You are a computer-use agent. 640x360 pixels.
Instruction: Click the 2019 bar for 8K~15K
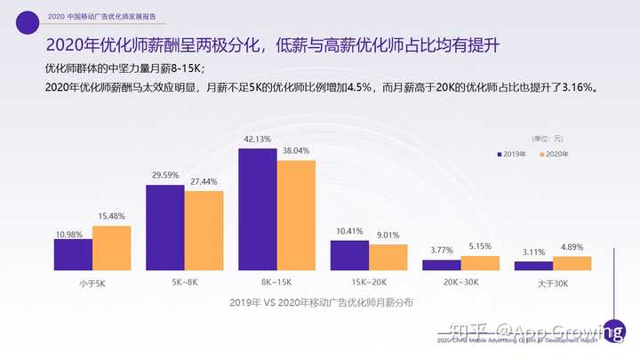257,209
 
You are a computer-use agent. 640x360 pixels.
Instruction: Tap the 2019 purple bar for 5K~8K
164,227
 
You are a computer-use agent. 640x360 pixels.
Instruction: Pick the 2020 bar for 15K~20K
388,257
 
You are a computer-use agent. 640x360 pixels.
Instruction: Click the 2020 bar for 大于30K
572,263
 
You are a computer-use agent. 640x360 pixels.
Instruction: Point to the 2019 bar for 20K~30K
442,265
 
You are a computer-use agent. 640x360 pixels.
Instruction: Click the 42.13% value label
257,140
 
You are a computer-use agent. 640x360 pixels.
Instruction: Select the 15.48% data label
111,217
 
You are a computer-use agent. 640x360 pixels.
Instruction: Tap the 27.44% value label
204,182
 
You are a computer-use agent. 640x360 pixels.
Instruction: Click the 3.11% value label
533,253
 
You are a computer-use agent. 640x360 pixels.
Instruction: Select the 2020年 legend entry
553,155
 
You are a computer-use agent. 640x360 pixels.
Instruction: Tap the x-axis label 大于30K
553,283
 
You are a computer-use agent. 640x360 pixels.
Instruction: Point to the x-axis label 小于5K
92,283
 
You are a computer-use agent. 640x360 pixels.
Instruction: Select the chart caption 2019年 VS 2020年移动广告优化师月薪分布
320,302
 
